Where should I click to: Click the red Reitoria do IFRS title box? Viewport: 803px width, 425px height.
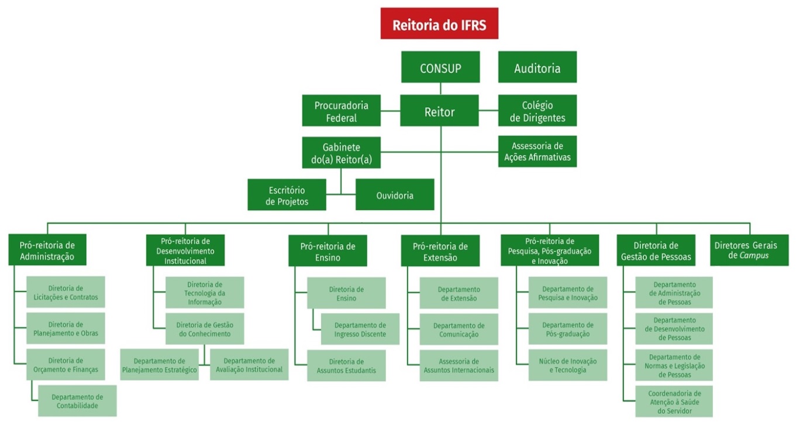(x=439, y=23)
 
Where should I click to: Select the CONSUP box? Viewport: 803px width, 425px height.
(x=440, y=67)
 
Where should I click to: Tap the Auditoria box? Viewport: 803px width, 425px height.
(x=537, y=67)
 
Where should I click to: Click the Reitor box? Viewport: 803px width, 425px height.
(x=439, y=111)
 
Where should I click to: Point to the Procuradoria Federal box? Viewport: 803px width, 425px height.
(x=341, y=111)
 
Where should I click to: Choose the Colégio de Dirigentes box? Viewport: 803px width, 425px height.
(x=537, y=111)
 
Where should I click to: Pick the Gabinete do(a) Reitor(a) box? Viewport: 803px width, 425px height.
(x=341, y=153)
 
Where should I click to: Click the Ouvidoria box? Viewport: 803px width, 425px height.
(x=395, y=194)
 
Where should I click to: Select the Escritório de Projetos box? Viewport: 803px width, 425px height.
(x=287, y=194)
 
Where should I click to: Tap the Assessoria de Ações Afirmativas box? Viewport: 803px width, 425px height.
(x=537, y=152)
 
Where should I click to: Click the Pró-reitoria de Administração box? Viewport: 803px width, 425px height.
(x=47, y=250)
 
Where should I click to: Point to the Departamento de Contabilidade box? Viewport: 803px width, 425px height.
(x=77, y=400)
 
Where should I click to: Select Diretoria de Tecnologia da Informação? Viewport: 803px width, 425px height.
(x=204, y=293)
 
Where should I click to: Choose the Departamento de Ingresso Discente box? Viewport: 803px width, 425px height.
(x=360, y=329)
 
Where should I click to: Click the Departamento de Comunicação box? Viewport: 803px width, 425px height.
(x=459, y=329)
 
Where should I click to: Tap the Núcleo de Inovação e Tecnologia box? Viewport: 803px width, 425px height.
(x=567, y=365)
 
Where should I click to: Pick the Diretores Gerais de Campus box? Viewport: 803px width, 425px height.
(x=749, y=250)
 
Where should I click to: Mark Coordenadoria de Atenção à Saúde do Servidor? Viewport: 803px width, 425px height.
(x=674, y=402)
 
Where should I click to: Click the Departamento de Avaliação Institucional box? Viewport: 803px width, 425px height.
(x=249, y=365)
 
